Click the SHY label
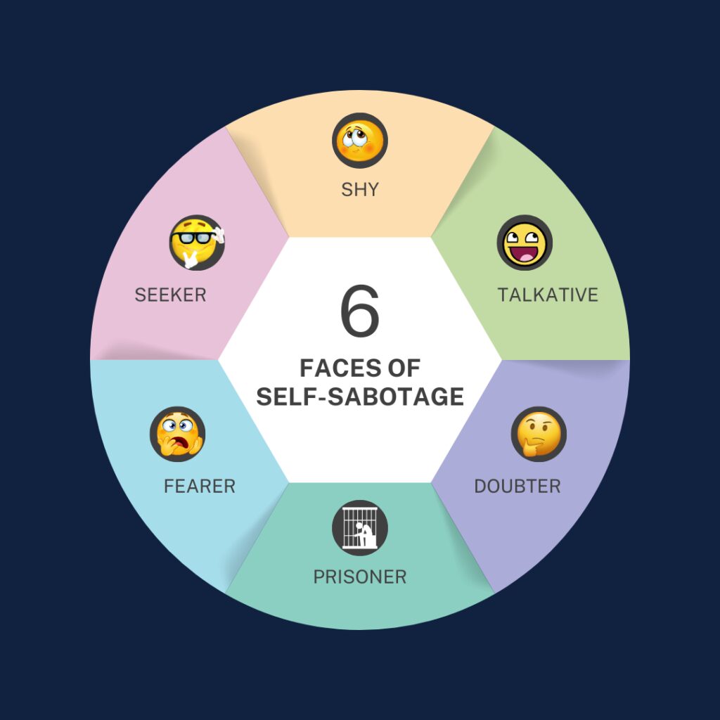point(360,189)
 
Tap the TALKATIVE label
point(548,295)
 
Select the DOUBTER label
point(517,487)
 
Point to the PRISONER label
point(360,577)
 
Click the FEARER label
point(200,487)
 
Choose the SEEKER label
point(170,295)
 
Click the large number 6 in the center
point(360,311)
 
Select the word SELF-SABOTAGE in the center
point(360,397)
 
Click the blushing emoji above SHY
point(360,141)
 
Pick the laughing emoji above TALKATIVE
point(525,243)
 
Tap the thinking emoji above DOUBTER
point(539,434)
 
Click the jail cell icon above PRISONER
point(360,528)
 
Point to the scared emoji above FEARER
point(178,434)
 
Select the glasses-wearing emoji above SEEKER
point(197,243)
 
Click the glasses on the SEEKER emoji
point(193,238)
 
